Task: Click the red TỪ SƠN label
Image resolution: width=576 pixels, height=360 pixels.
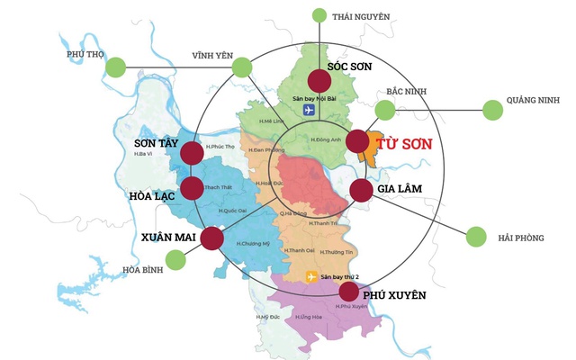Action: (x=403, y=144)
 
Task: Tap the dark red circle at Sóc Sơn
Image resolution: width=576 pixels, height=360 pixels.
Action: (x=320, y=80)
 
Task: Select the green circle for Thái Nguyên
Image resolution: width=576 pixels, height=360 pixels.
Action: (x=319, y=14)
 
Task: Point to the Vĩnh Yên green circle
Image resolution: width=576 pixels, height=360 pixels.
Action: (x=242, y=67)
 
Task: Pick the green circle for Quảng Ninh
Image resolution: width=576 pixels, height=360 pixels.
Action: (x=492, y=110)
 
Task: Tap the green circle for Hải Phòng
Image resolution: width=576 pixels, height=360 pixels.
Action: (x=475, y=237)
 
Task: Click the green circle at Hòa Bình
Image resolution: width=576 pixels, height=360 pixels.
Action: (x=175, y=260)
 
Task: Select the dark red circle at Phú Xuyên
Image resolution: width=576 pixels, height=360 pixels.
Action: (x=348, y=292)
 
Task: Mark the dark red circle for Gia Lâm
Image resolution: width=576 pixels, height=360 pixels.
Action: (x=360, y=190)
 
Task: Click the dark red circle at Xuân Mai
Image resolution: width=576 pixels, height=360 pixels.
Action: (x=211, y=238)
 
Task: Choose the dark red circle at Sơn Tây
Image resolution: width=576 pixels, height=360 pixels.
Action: (x=192, y=153)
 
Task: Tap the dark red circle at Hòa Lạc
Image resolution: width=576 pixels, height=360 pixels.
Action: (x=192, y=188)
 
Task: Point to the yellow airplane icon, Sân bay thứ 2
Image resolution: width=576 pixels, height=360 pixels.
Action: (x=312, y=276)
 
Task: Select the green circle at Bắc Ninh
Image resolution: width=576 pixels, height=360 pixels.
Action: (x=385, y=110)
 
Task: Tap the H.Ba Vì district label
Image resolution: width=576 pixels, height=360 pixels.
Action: (x=142, y=155)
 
